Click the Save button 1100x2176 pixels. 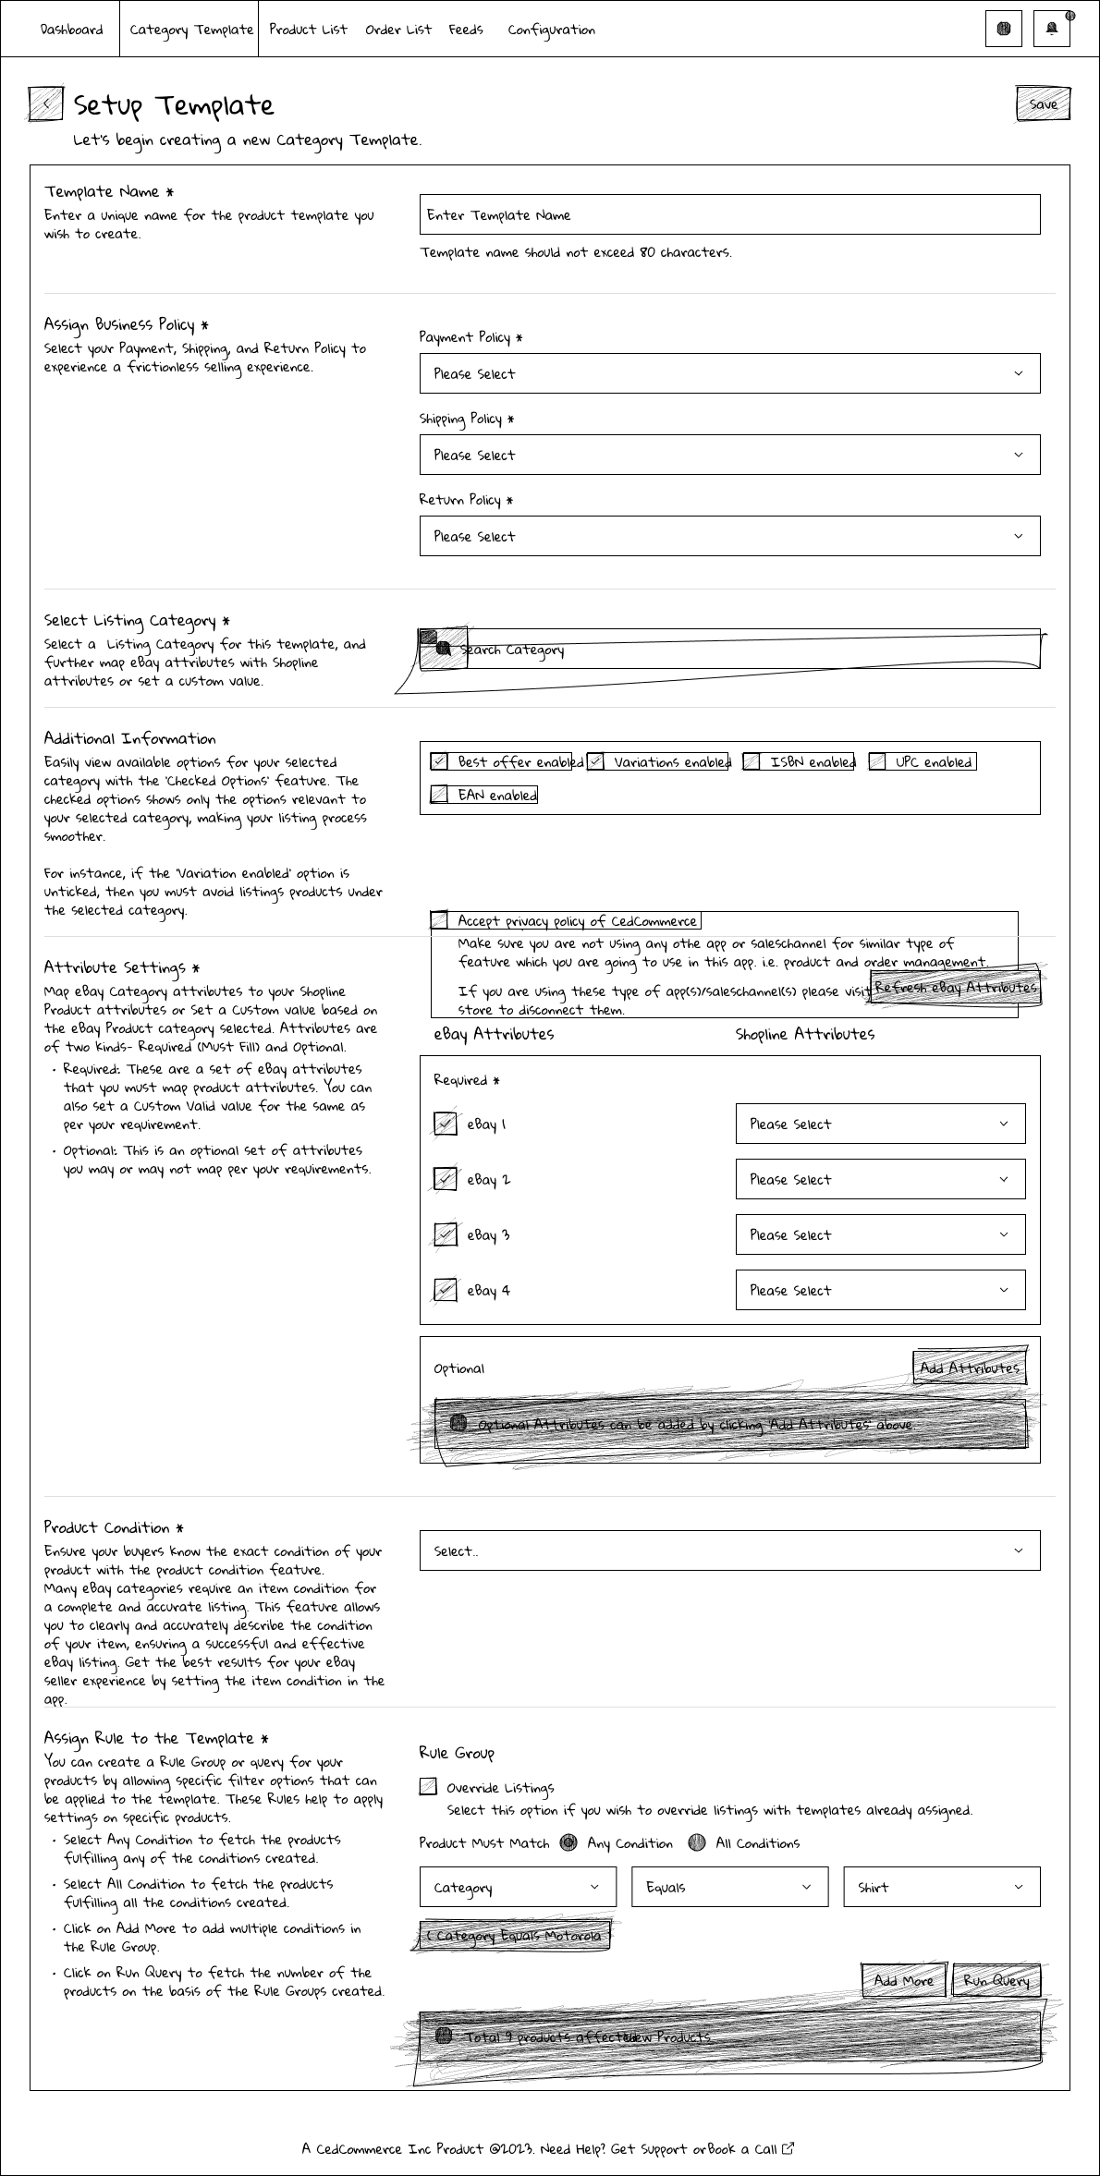click(1043, 104)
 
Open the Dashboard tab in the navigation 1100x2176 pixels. click(71, 30)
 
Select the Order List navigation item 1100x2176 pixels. click(397, 30)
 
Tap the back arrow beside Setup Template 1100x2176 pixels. click(46, 104)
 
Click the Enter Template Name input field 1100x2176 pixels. click(729, 214)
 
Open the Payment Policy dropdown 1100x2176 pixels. click(729, 373)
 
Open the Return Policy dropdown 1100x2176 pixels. click(729, 536)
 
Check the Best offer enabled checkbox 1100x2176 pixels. click(440, 762)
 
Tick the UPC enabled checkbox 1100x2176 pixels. click(877, 762)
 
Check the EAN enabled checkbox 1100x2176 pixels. click(440, 795)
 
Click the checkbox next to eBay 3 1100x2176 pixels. click(446, 1234)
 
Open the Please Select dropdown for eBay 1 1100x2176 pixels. click(880, 1124)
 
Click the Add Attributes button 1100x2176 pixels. click(969, 1368)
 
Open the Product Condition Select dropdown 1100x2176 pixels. click(729, 1550)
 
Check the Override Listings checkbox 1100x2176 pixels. click(428, 1787)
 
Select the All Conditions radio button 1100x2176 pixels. click(697, 1842)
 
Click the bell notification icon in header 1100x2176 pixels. click(1051, 29)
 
